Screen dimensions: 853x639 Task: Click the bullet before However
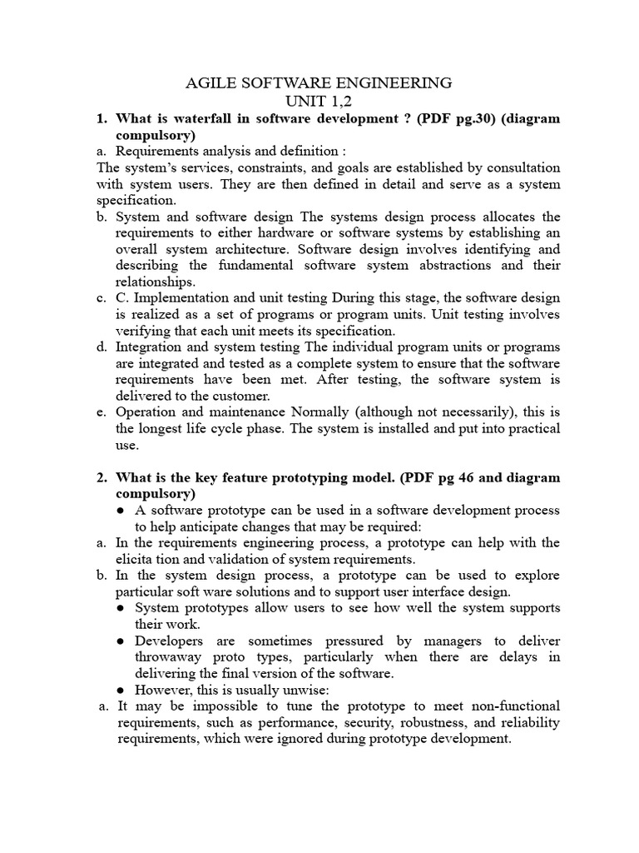121,690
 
